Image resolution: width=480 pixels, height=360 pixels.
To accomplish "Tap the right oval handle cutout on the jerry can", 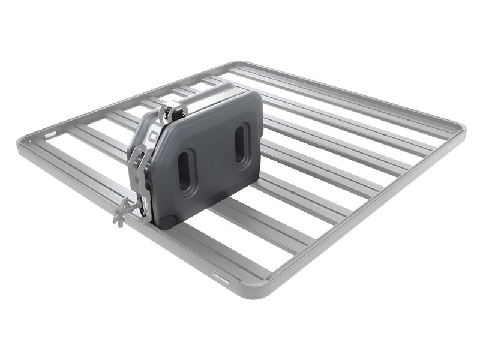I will coord(240,143).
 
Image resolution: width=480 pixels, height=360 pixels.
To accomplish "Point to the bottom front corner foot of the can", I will coord(166,221).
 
